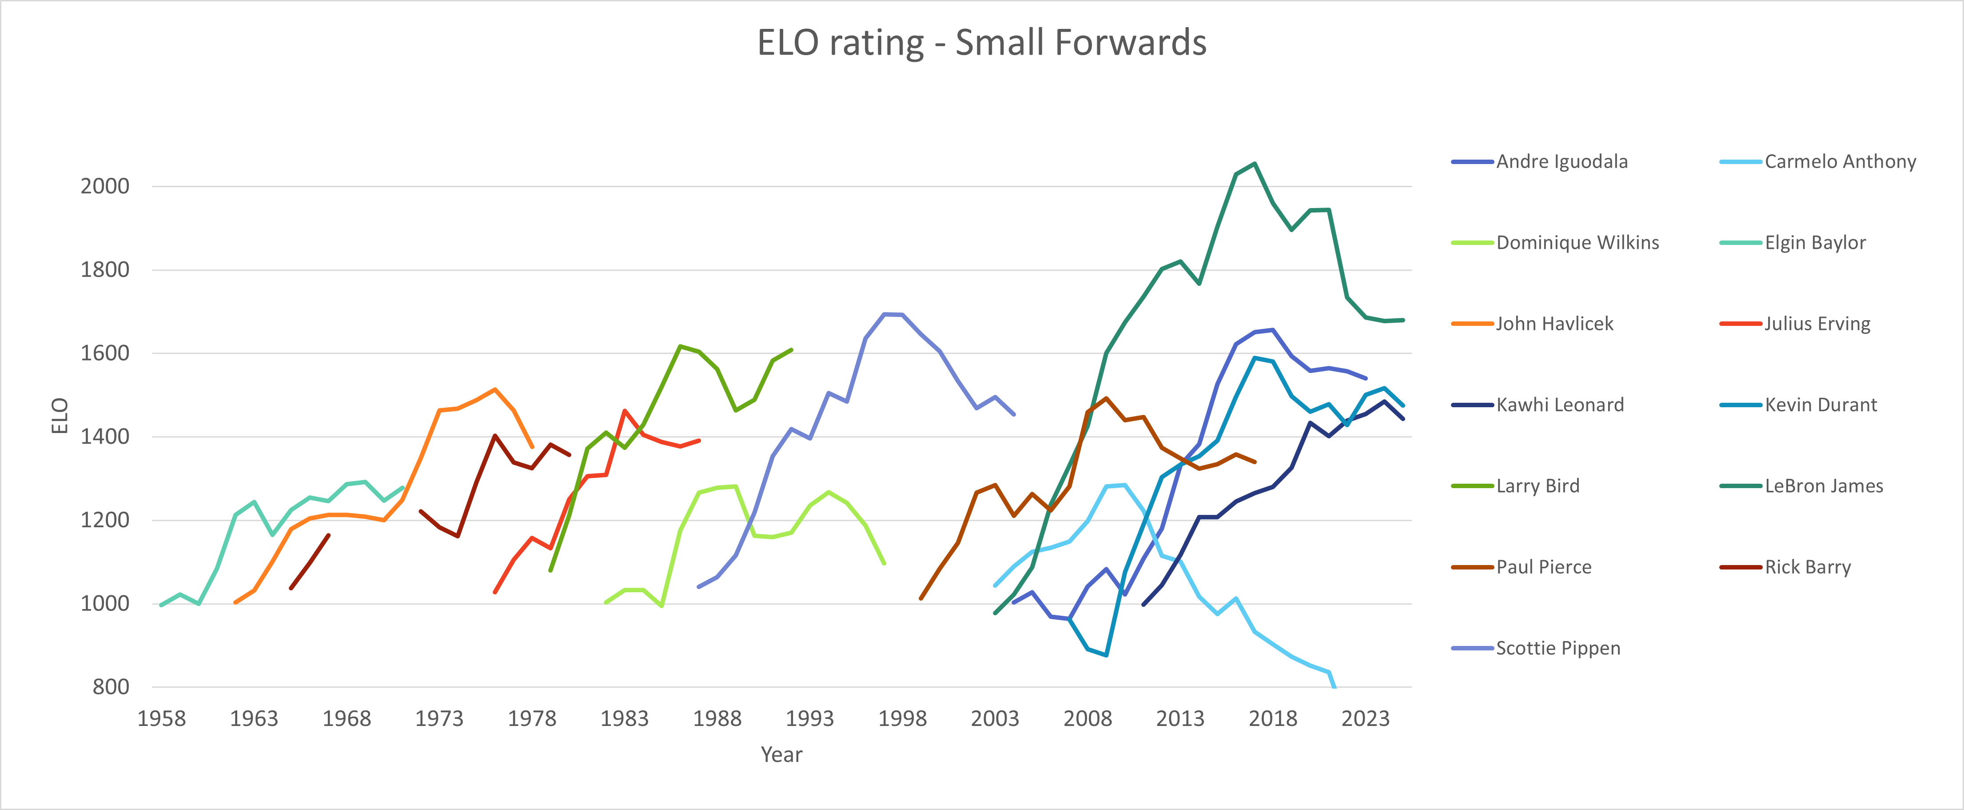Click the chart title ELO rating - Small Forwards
[x=981, y=43]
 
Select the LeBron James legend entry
[x=1823, y=486]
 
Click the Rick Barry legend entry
[x=1807, y=567]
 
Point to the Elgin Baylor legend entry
[x=1815, y=243]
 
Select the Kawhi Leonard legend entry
[x=1559, y=405]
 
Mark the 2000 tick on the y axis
[x=105, y=186]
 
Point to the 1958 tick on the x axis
[x=162, y=718]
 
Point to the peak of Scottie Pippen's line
[x=884, y=313]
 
